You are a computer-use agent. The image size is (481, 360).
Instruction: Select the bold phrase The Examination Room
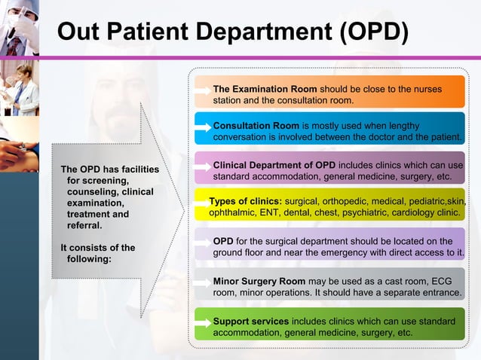click(x=265, y=90)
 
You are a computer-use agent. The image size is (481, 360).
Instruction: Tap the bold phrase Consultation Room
click(x=256, y=125)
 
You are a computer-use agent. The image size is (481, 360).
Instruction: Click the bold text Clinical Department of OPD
click(x=274, y=165)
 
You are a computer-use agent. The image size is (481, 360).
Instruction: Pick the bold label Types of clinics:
click(x=245, y=202)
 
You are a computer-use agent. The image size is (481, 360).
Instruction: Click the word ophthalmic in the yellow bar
click(x=233, y=213)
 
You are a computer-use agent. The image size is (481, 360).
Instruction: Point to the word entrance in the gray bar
click(x=440, y=291)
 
